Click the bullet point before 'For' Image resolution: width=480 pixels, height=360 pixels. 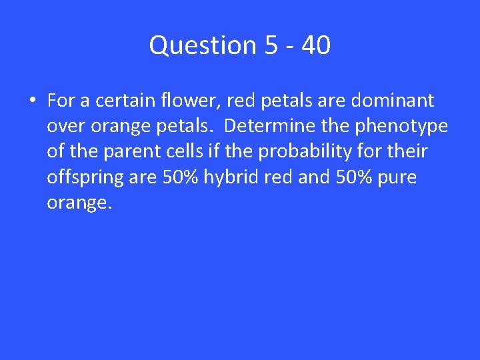(32, 101)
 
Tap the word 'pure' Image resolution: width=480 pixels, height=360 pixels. (398, 178)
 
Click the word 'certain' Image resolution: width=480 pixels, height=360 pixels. (122, 101)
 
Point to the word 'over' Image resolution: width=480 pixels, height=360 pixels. (62, 127)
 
